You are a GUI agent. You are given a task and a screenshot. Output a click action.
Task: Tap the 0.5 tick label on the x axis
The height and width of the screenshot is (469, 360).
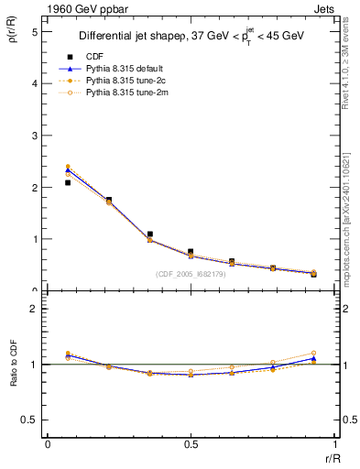[191, 443]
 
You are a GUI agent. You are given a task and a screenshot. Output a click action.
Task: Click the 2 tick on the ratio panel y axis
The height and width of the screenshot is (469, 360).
[34, 309]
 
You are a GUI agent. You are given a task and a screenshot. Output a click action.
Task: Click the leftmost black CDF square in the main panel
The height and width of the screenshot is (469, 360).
[68, 182]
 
